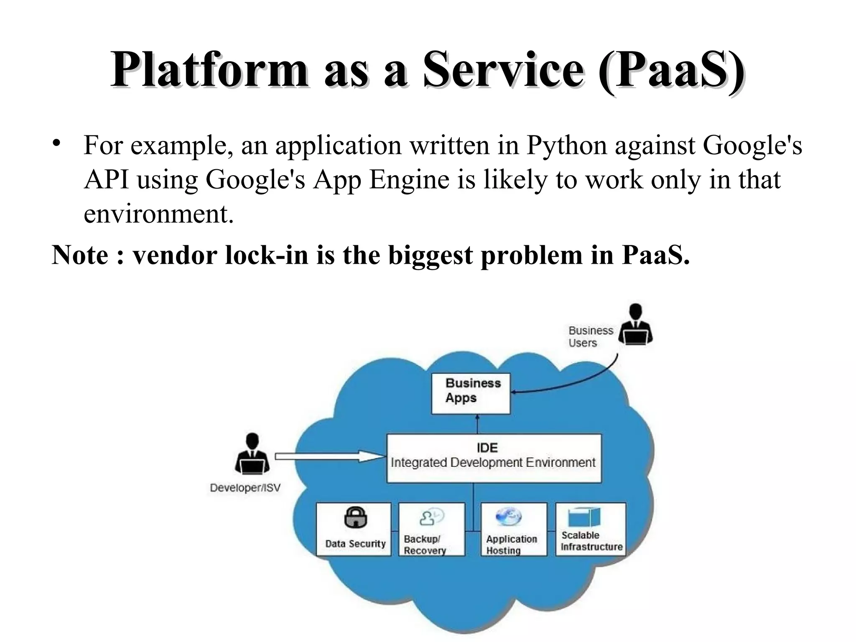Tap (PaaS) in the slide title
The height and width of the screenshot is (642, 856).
pos(670,70)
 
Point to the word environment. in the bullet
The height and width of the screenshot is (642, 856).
pos(158,214)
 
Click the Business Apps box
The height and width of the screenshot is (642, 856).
pos(471,393)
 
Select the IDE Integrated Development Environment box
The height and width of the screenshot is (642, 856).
pos(494,458)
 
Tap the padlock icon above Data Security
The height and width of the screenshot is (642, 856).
pos(355,517)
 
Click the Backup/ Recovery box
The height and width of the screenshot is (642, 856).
pos(431,529)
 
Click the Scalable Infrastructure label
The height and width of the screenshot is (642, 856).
pos(591,541)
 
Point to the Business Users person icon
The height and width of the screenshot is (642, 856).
pos(635,324)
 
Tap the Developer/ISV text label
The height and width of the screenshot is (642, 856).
pos(245,488)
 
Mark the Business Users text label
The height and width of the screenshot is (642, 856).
pos(590,337)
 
